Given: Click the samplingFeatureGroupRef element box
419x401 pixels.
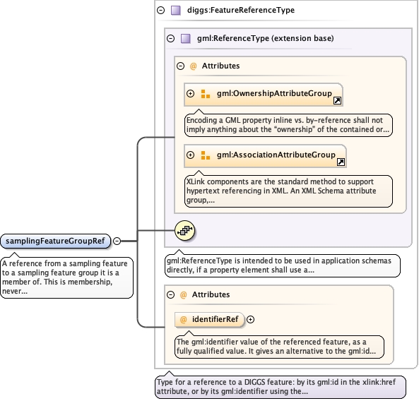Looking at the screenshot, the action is pos(55,241).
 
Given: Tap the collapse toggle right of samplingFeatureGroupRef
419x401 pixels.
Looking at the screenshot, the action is pos(117,241).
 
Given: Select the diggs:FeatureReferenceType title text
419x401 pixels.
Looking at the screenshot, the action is pos(241,10).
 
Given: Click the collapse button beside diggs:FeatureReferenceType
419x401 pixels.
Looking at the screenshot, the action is pos(161,11).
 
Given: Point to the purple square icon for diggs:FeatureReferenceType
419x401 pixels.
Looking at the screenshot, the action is pos(176,11).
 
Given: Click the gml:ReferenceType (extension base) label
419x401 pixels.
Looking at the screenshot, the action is pos(266,38).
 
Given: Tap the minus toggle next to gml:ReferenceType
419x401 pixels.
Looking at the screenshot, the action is pos(170,38).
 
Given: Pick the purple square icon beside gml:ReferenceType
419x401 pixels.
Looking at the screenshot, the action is pos(186,38).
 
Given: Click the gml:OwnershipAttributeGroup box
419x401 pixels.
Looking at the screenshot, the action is pos(264,95).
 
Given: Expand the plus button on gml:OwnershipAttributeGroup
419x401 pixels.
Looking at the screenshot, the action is pos(190,93).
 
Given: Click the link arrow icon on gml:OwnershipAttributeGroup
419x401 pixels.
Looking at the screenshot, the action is pos(337,100).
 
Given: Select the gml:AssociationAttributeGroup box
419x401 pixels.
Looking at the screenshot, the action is pos(266,156).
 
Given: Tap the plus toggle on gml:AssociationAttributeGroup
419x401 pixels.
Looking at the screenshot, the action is pos(190,155).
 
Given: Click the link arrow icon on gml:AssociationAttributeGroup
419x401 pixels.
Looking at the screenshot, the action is pos(341,162).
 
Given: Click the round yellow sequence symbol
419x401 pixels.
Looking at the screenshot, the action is pos(184,230).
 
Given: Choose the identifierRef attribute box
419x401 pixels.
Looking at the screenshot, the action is pos(209,320).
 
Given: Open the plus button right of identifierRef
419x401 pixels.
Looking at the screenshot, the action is pos(250,319).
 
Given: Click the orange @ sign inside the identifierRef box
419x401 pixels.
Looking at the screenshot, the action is pos(183,320).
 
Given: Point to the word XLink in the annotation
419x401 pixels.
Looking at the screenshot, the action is pos(196,181).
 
